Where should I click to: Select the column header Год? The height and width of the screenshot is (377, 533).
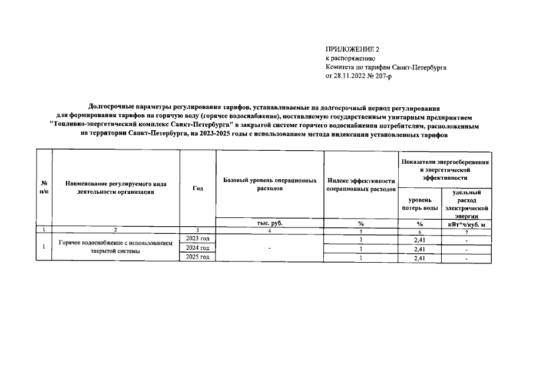click(x=198, y=188)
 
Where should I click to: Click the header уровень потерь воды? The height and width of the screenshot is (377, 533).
click(x=420, y=204)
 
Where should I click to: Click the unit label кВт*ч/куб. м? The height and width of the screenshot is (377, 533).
click(x=466, y=224)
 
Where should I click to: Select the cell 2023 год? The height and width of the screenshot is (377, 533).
click(x=198, y=238)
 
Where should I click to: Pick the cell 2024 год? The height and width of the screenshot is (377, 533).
click(x=198, y=248)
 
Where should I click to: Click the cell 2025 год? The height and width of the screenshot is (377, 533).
click(x=198, y=257)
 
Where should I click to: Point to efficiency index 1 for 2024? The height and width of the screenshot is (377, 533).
click(x=360, y=249)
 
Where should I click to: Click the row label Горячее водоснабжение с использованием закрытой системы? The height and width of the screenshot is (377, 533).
click(x=115, y=247)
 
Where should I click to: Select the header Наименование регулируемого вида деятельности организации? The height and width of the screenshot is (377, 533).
click(x=115, y=188)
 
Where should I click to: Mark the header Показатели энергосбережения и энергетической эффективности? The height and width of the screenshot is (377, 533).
click(x=445, y=169)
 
